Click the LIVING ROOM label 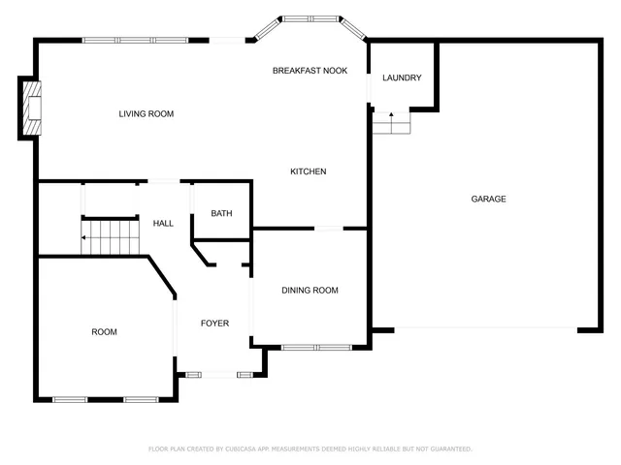(x=146, y=114)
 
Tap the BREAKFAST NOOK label (x=310, y=71)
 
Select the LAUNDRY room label (x=401, y=77)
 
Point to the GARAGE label (x=488, y=199)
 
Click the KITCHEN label (x=308, y=171)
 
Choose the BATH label (x=221, y=214)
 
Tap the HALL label (x=163, y=224)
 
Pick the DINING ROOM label (x=310, y=291)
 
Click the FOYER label (x=214, y=324)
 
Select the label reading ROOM (x=104, y=332)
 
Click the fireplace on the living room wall (x=31, y=108)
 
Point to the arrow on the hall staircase (x=85, y=237)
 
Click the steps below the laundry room (x=392, y=123)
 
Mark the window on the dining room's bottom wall (x=316, y=347)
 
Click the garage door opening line (x=485, y=328)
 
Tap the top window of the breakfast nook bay (x=310, y=17)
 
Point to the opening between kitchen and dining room (x=328, y=229)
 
